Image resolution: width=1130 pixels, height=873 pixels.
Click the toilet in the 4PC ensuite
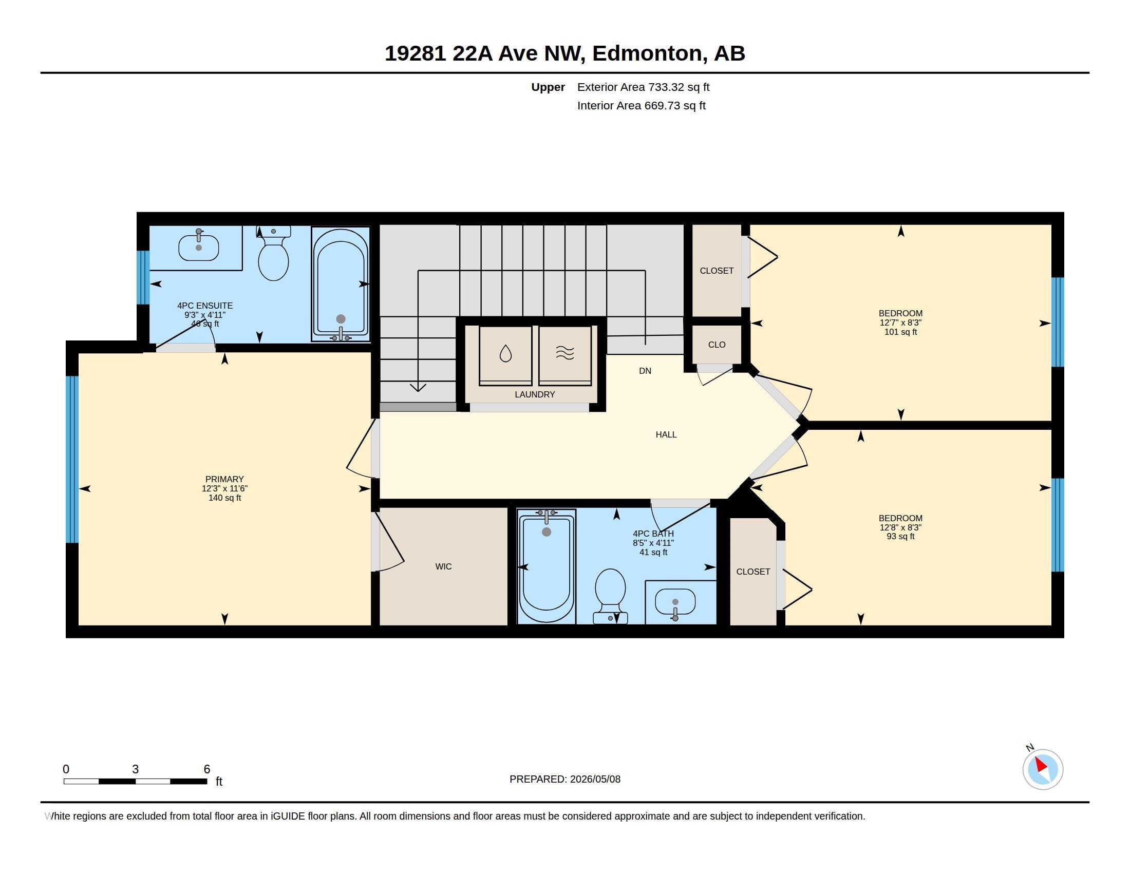273,254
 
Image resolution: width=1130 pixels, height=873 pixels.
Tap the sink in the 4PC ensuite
199,247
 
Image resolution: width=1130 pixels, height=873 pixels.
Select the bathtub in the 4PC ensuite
341,284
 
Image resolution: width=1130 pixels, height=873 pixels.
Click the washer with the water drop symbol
505,355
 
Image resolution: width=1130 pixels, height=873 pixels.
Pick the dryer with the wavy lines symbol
565,355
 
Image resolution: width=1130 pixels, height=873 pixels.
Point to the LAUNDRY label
535,394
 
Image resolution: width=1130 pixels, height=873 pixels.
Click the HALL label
666,434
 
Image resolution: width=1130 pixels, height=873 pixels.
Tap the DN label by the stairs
645,371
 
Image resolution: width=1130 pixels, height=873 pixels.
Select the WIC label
443,566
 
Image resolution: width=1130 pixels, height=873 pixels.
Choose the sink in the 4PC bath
675,602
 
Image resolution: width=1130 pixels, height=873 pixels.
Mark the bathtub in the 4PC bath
547,566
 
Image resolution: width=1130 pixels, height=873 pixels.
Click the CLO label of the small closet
717,345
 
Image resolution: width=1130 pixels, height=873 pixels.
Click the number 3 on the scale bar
136,769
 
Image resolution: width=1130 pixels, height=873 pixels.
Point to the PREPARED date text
565,779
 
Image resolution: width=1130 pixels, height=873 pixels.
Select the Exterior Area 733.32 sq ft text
643,87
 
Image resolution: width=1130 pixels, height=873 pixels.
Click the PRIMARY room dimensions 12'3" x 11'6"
224,488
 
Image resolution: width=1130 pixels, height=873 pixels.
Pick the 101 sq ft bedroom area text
900,332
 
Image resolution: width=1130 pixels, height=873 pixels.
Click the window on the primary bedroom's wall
72,459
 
